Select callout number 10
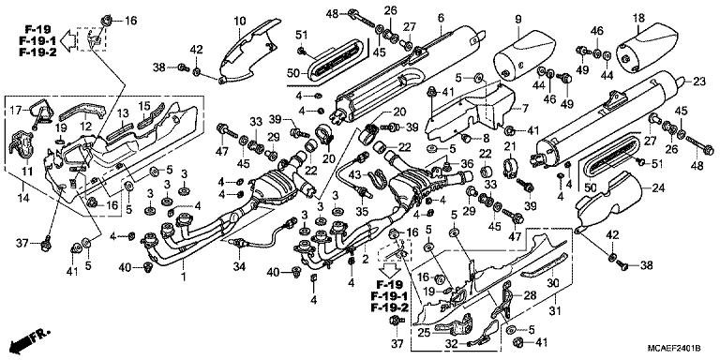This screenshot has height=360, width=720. [239, 20]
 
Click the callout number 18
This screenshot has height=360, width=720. [638, 19]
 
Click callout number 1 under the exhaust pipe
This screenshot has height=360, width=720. [184, 278]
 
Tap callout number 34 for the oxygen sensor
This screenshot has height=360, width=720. [239, 268]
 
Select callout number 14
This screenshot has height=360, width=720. [22, 199]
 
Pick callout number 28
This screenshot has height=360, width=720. [531, 296]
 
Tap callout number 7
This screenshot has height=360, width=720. [525, 109]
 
